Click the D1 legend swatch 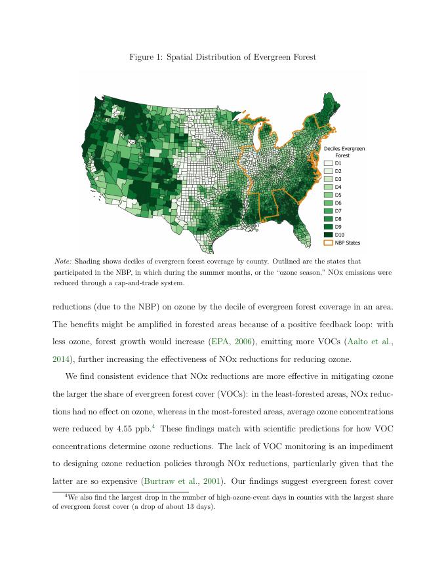point(328,163)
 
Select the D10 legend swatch point(328,235)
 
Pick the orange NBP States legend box point(328,243)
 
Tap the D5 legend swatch point(328,195)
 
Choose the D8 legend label point(338,219)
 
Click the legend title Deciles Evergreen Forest point(344,152)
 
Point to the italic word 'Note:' point(63,261)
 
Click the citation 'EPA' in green point(219,342)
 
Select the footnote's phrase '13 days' point(200,507)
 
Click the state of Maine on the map point(332,105)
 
